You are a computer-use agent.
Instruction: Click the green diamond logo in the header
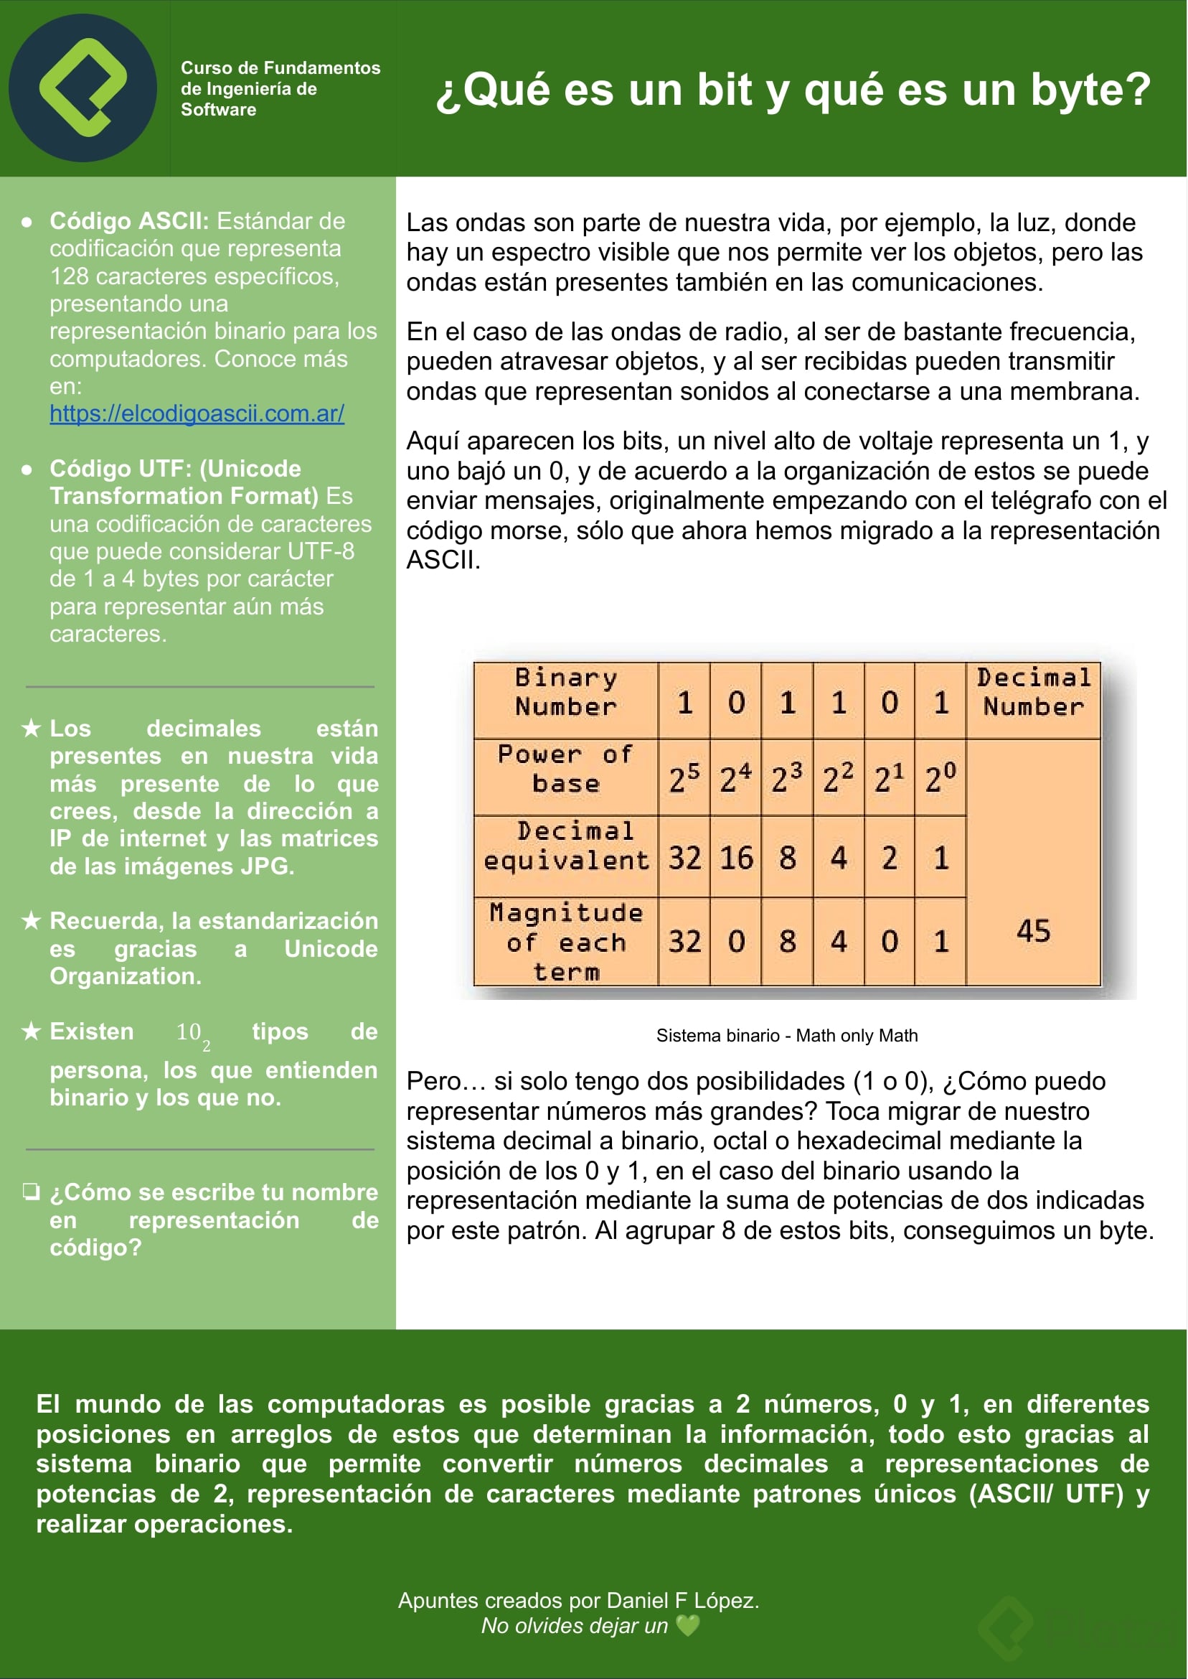click(82, 88)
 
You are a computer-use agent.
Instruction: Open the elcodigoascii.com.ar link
click(197, 413)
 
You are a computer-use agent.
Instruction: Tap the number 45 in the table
click(1033, 931)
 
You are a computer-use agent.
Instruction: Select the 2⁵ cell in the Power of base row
click(684, 778)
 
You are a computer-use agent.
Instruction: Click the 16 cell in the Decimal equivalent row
click(736, 858)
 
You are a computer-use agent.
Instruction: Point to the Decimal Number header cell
click(1033, 692)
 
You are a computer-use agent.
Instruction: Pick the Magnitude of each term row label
click(565, 941)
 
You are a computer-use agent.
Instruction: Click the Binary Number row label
click(565, 692)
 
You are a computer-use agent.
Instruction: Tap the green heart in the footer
click(688, 1626)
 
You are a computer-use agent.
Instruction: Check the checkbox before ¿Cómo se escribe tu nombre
click(31, 1192)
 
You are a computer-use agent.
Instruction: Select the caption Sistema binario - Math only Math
click(786, 1036)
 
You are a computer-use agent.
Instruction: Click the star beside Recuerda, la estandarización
click(31, 920)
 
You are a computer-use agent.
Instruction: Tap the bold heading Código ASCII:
click(128, 221)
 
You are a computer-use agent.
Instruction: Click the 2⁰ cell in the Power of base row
click(940, 778)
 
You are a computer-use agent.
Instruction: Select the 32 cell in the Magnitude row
click(684, 941)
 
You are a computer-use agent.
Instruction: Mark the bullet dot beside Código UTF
click(27, 469)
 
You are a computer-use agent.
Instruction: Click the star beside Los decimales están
click(31, 729)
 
